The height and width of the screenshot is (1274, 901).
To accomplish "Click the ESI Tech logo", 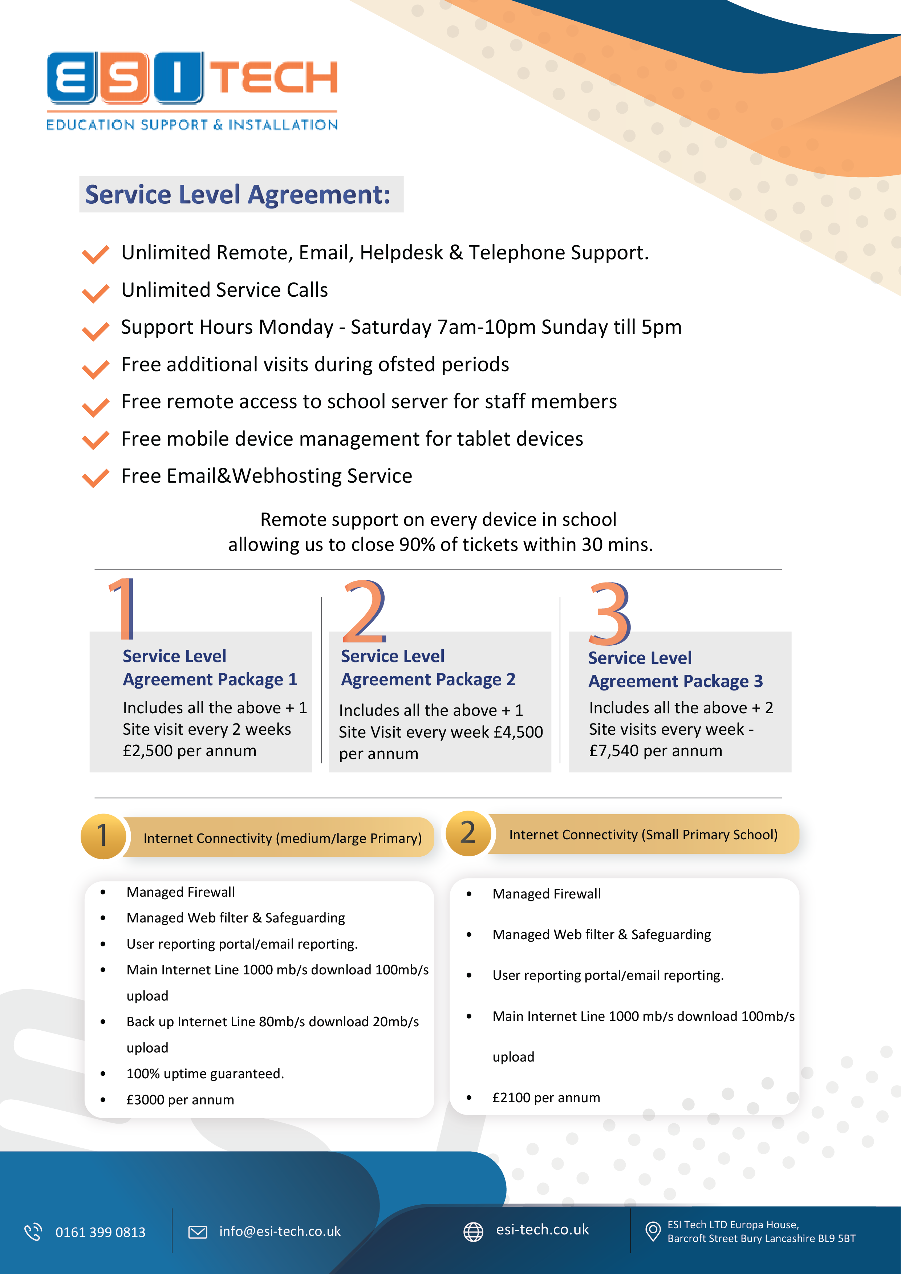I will [192, 90].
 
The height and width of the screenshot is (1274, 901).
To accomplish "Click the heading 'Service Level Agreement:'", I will [238, 195].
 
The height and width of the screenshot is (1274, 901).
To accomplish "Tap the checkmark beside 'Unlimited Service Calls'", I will [96, 293].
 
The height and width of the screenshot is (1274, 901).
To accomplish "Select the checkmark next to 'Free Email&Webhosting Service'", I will [96, 478].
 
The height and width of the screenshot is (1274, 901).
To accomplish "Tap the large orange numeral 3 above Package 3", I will [609, 613].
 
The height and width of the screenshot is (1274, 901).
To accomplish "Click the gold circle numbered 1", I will [103, 836].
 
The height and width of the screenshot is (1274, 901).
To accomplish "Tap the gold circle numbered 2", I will [468, 833].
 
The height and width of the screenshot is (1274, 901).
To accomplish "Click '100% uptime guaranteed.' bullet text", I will [205, 1074].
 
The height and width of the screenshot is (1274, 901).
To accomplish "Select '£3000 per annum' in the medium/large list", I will [180, 1100].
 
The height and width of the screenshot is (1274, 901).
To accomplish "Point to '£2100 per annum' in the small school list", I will [546, 1097].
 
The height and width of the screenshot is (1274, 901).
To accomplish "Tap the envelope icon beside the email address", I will [198, 1232].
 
